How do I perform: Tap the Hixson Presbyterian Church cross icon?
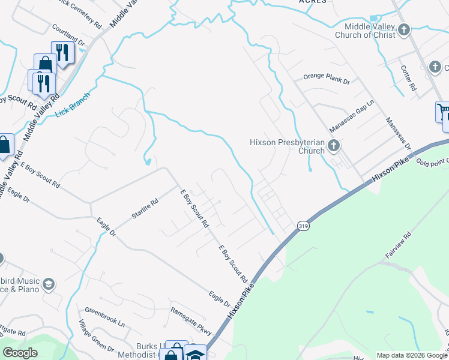click(334, 146)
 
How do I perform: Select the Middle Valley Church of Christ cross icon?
click(404, 29)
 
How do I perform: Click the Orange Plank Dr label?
click(326, 77)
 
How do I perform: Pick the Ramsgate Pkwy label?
click(191, 320)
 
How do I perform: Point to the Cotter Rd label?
click(409, 78)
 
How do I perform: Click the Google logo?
click(20, 353)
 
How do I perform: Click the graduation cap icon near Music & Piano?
click(49, 284)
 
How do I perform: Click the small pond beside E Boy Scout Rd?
click(147, 161)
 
